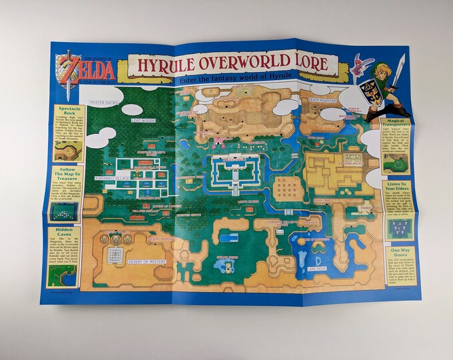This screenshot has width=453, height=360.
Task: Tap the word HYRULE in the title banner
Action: tap(170, 65)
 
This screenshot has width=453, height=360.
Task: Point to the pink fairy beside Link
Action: tap(363, 65)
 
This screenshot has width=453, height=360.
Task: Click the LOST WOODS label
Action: tap(143, 121)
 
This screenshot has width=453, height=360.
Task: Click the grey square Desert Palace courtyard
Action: tap(117, 255)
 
